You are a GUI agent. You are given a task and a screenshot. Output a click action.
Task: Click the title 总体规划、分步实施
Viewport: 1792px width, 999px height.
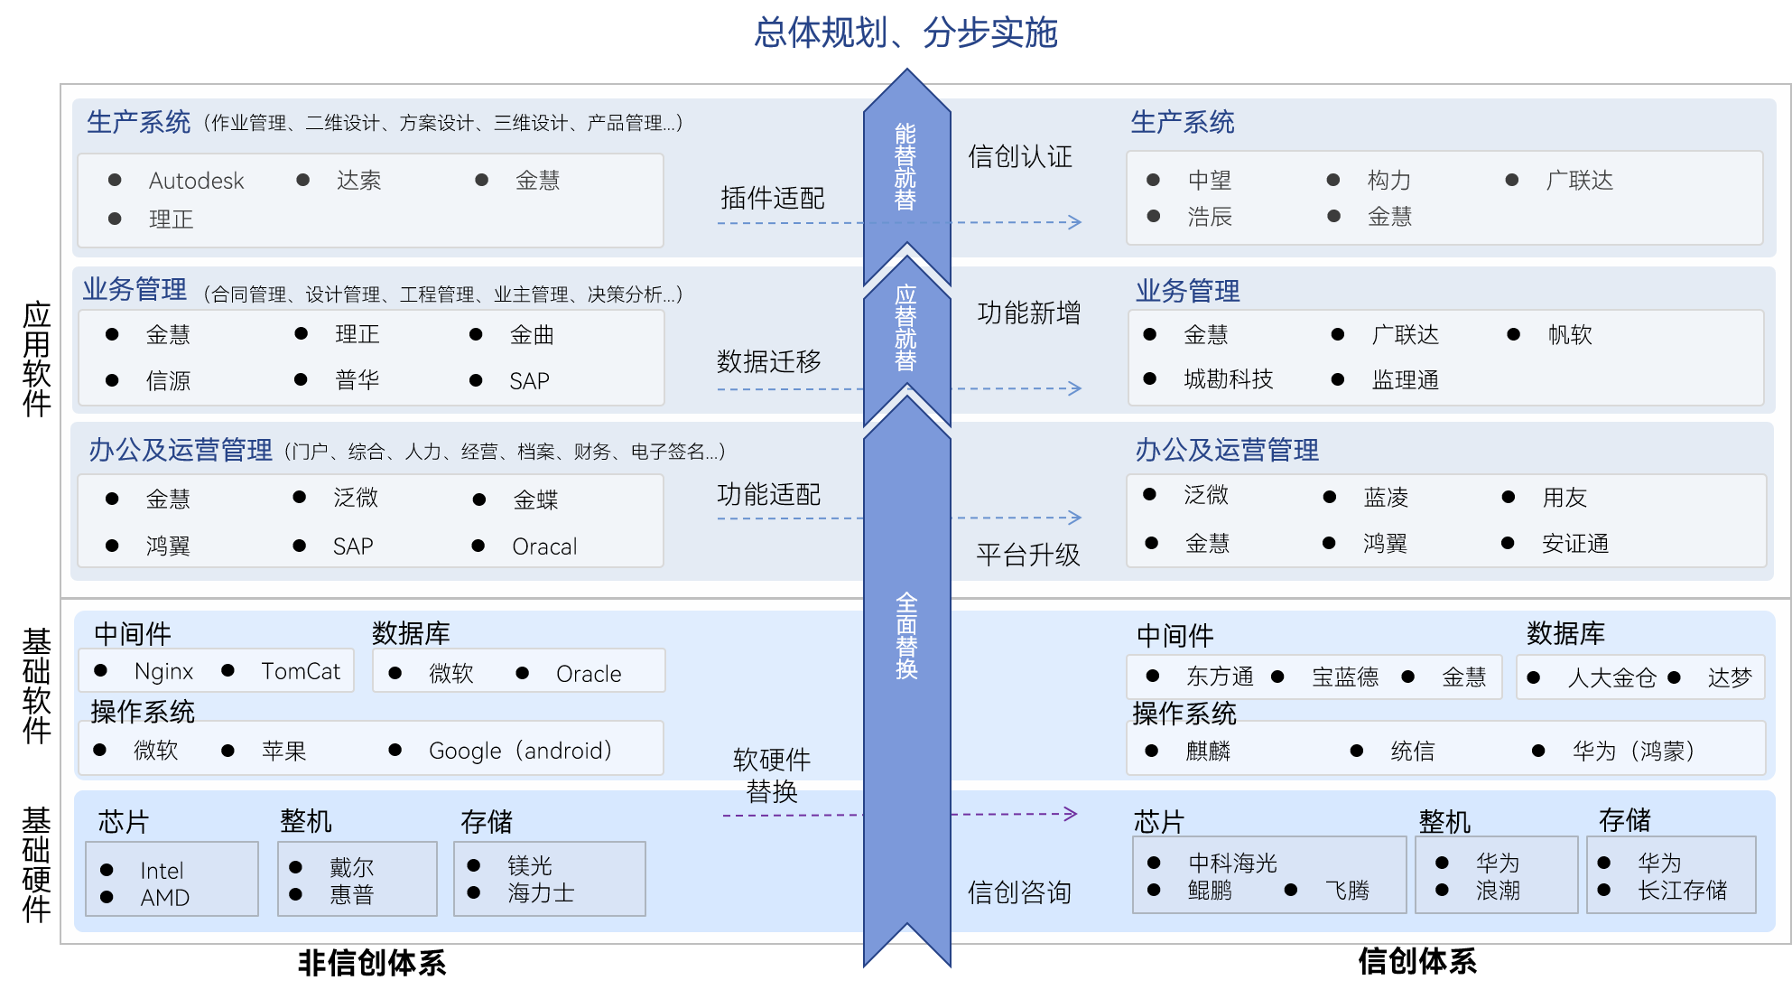(905, 33)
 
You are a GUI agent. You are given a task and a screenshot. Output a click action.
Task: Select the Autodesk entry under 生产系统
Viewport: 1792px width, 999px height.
(196, 181)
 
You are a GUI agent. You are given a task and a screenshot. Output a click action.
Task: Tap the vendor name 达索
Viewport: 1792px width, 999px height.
(358, 181)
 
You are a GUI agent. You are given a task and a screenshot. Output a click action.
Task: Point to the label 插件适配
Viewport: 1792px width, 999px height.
(772, 198)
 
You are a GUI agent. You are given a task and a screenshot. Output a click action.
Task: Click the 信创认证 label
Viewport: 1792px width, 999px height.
(1019, 156)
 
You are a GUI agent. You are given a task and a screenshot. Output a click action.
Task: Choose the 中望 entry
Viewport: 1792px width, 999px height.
(1209, 181)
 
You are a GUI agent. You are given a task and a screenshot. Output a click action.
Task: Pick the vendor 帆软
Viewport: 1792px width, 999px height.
(1569, 335)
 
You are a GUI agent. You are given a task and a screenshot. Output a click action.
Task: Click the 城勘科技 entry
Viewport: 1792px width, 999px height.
(1228, 379)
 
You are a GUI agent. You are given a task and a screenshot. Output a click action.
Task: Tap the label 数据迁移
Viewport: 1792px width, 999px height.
(768, 361)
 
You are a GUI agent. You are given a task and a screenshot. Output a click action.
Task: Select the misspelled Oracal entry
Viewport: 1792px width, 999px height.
(543, 546)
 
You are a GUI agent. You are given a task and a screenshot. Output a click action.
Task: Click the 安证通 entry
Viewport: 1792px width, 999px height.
(1574, 544)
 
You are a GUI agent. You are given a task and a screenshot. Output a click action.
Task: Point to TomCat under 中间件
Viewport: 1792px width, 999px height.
(300, 671)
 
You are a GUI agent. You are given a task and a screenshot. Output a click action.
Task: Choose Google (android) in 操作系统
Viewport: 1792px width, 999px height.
(520, 751)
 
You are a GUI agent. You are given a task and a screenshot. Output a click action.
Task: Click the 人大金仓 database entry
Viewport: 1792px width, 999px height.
(1611, 677)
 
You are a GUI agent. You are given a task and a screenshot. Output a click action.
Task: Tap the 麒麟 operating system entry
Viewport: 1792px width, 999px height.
(1208, 751)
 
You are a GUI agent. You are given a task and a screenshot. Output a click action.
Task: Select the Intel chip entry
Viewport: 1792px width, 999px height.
(162, 871)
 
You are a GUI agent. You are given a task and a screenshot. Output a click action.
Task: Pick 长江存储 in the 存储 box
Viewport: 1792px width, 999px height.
(1682, 891)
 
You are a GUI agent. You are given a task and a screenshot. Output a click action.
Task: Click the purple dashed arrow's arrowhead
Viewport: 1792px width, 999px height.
(1071, 814)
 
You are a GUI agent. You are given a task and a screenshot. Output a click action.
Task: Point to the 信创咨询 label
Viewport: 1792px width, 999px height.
(1019, 892)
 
